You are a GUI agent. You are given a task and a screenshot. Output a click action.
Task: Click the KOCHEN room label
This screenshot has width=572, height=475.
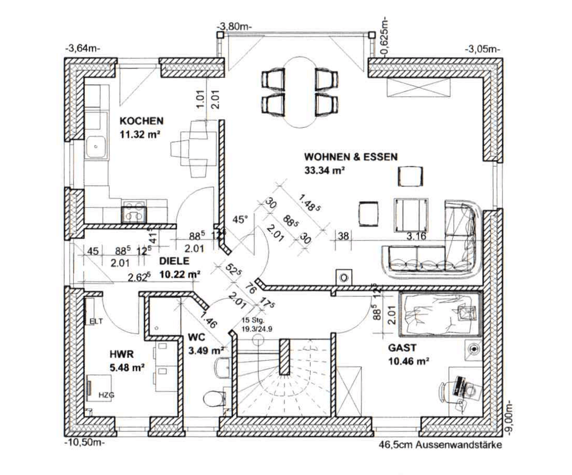[x=141, y=121]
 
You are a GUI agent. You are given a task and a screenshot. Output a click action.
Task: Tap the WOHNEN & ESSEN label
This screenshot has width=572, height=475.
[x=351, y=157]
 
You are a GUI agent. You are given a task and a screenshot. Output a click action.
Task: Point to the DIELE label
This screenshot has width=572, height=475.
[x=174, y=261]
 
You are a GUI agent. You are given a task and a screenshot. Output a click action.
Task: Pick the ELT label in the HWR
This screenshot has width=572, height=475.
[x=96, y=322]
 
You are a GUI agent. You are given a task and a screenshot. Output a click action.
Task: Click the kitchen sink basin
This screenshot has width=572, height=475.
[x=96, y=147]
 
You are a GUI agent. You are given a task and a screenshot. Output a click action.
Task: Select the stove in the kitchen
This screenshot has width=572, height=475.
[x=134, y=212]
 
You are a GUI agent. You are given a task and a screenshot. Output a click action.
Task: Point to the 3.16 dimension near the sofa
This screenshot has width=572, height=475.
[x=416, y=236]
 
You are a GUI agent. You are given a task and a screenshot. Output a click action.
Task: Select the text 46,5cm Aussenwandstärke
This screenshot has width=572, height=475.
[x=440, y=445]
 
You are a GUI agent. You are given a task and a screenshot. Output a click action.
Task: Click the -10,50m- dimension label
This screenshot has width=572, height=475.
[x=84, y=442]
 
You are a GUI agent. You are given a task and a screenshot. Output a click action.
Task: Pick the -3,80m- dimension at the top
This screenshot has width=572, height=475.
[x=235, y=26]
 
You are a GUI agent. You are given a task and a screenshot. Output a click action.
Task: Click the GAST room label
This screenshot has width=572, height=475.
[x=402, y=348]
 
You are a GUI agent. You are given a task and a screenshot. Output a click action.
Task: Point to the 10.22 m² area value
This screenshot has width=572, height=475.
[x=180, y=274]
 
